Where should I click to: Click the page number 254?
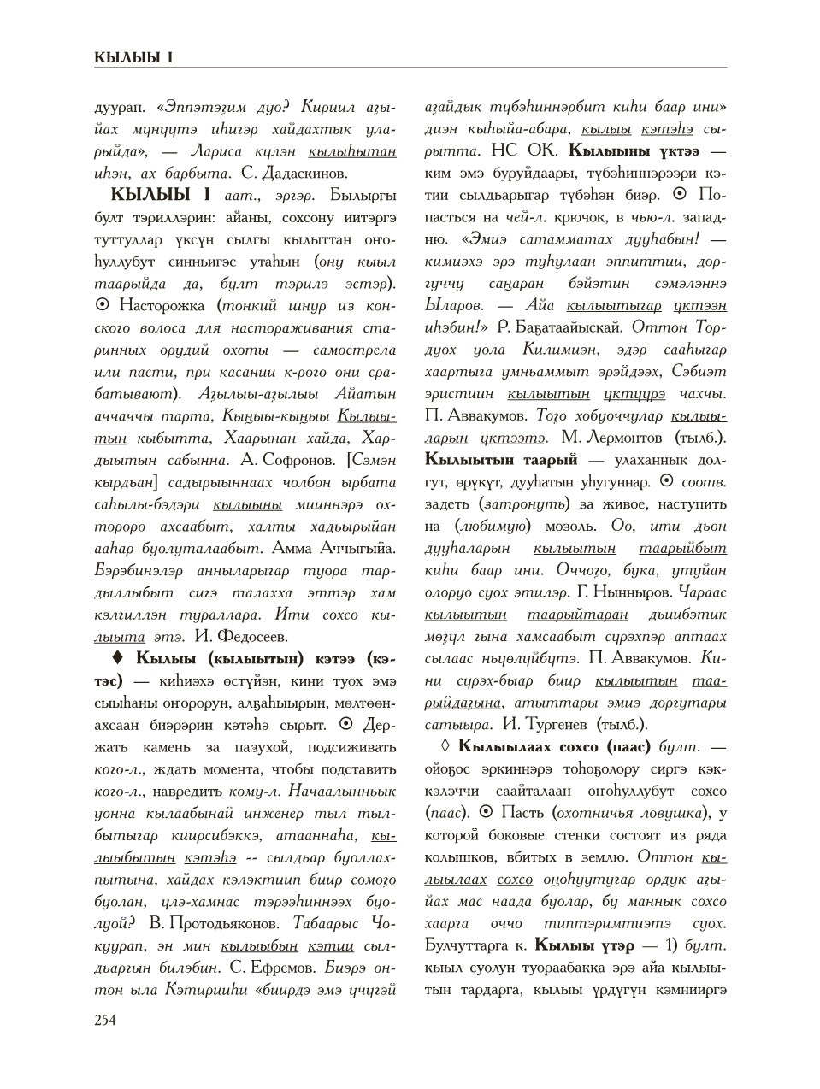[x=105, y=1019]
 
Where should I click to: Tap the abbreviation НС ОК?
[x=524, y=151]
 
